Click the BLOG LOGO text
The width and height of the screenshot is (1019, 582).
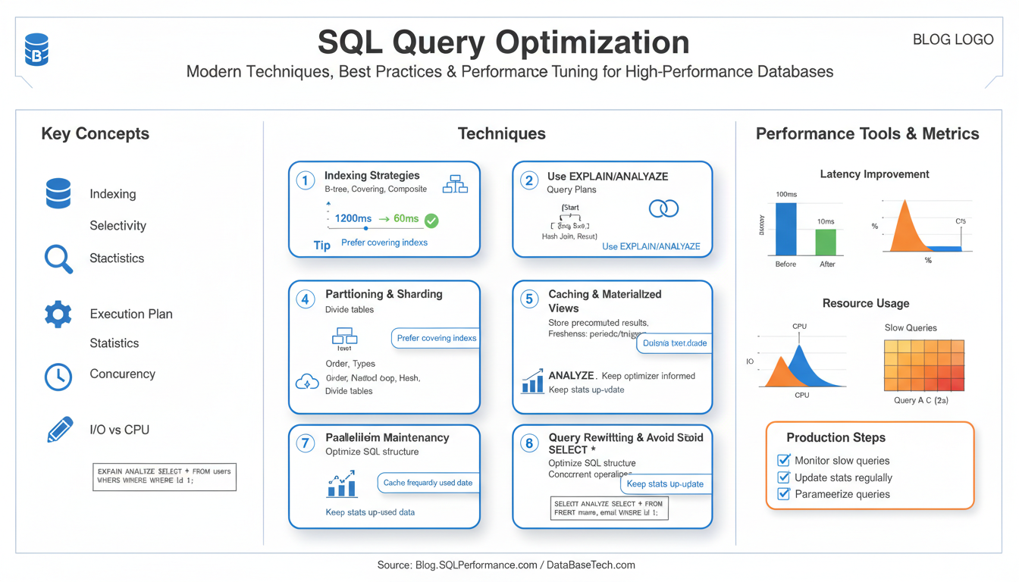(x=953, y=40)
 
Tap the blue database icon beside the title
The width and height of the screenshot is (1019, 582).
(x=36, y=49)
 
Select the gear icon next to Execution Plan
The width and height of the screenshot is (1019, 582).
(x=58, y=314)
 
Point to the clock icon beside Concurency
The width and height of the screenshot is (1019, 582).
(x=58, y=377)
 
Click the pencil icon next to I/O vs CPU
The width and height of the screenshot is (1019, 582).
(x=60, y=430)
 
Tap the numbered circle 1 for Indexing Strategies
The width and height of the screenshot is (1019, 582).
(x=305, y=180)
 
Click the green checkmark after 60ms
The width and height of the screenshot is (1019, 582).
(x=431, y=221)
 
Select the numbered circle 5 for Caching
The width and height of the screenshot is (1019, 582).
(x=529, y=299)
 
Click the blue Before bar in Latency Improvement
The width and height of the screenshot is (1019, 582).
(x=786, y=229)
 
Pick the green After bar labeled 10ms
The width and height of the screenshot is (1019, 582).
(x=826, y=242)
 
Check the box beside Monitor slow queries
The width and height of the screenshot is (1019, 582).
(x=784, y=460)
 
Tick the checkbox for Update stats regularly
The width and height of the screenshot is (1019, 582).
(x=784, y=477)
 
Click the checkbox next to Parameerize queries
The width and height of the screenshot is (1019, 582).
(x=784, y=494)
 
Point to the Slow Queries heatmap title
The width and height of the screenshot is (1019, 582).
(x=911, y=328)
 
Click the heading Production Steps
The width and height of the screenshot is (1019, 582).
(x=836, y=437)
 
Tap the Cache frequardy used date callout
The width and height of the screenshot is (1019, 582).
(x=428, y=483)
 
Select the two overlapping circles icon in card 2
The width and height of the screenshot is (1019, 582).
(x=663, y=208)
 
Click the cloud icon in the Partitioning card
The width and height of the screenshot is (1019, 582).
(x=306, y=383)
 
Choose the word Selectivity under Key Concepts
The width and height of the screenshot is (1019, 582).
(x=118, y=226)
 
